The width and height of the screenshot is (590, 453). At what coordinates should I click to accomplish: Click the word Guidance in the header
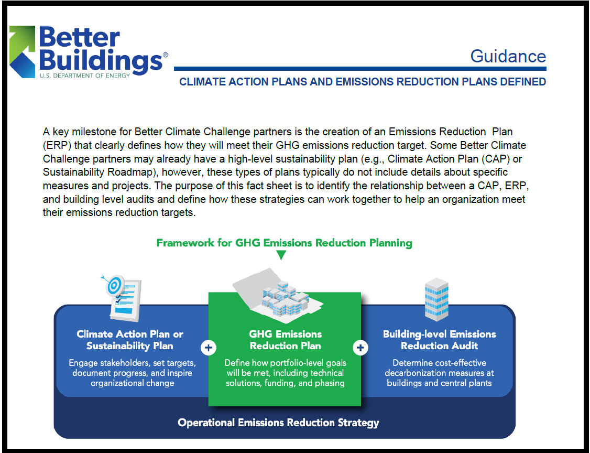(x=508, y=56)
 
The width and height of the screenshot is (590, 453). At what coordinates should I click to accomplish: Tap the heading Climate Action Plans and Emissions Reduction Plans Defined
(x=362, y=82)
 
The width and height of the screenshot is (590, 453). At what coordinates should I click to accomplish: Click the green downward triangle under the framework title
(x=281, y=255)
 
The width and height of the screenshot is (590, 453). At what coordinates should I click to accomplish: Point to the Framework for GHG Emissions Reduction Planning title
(x=284, y=243)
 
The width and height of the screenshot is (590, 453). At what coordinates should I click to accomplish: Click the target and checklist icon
(x=124, y=297)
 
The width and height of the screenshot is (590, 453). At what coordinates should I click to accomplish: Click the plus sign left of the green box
(x=209, y=348)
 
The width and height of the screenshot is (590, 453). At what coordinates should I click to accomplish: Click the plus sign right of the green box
(x=360, y=348)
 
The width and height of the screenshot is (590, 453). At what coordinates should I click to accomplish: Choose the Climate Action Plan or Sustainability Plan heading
(x=130, y=340)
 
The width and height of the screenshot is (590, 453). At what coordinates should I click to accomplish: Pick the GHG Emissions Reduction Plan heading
(x=285, y=340)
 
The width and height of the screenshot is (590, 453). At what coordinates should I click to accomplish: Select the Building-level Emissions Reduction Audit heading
(x=439, y=340)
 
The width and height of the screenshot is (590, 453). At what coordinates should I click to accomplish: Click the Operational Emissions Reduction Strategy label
(x=278, y=423)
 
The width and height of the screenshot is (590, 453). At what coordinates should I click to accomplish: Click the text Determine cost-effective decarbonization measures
(x=439, y=373)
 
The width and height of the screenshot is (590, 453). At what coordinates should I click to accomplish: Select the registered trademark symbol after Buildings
(x=166, y=55)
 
